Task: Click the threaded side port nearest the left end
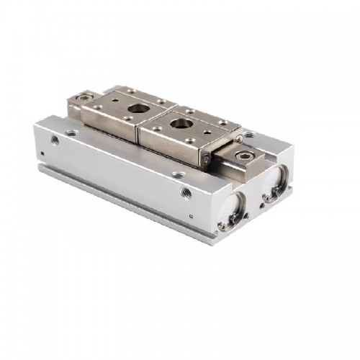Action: point(54,139)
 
